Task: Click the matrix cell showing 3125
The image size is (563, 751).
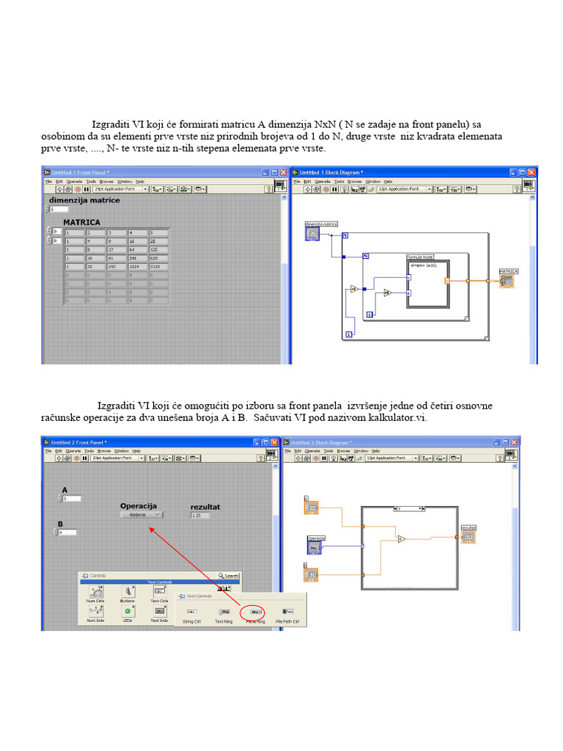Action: tap(158, 267)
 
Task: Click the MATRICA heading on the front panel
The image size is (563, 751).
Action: tap(81, 222)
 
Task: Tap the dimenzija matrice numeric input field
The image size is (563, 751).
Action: tap(59, 209)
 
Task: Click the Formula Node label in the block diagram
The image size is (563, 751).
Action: tap(419, 257)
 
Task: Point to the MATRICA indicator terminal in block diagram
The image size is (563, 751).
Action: tap(507, 281)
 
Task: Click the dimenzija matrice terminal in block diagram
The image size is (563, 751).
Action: tap(313, 234)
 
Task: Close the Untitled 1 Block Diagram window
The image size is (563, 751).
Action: tap(532, 172)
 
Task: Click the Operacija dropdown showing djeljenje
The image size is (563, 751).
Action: tap(141, 515)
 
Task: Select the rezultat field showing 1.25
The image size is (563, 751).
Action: tap(199, 516)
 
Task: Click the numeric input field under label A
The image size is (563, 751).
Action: tap(71, 499)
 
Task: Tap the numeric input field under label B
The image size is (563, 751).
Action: tap(67, 532)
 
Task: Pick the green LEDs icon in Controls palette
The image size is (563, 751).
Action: tap(128, 610)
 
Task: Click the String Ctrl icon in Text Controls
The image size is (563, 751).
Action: tap(192, 610)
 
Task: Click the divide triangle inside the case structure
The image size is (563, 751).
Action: tap(402, 539)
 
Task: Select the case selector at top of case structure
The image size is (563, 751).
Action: tap(409, 508)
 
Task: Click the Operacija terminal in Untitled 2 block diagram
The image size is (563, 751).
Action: tap(315, 546)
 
